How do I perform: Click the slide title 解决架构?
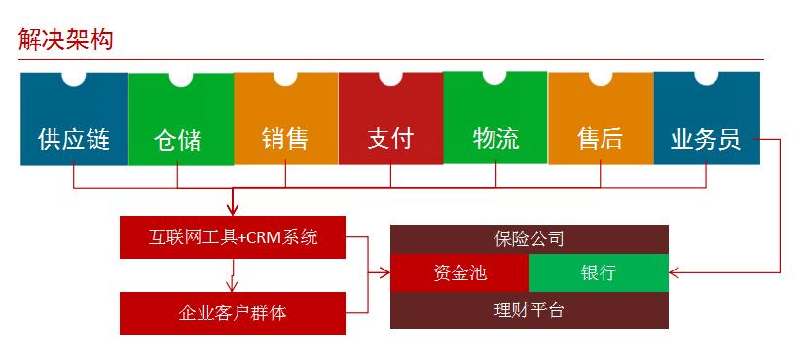[66, 40]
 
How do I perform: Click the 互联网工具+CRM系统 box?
[233, 237]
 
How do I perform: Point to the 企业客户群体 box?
[233, 312]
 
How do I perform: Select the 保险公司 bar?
[530, 239]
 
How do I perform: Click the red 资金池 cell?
[459, 273]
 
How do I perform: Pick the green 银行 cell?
[599, 273]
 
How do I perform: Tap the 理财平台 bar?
[530, 309]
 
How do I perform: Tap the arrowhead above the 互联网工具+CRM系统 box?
[233, 209]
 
